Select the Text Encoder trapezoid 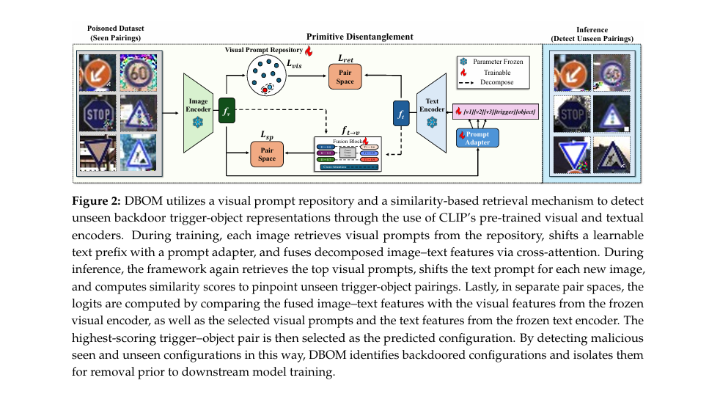click(431, 112)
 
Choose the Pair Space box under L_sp click(267, 153)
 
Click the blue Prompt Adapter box click(477, 137)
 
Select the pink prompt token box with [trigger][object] click(496, 112)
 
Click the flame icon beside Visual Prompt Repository click(309, 51)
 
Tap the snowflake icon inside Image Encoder click(196, 121)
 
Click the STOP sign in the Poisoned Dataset click(98, 115)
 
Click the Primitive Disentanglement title click(360, 37)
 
